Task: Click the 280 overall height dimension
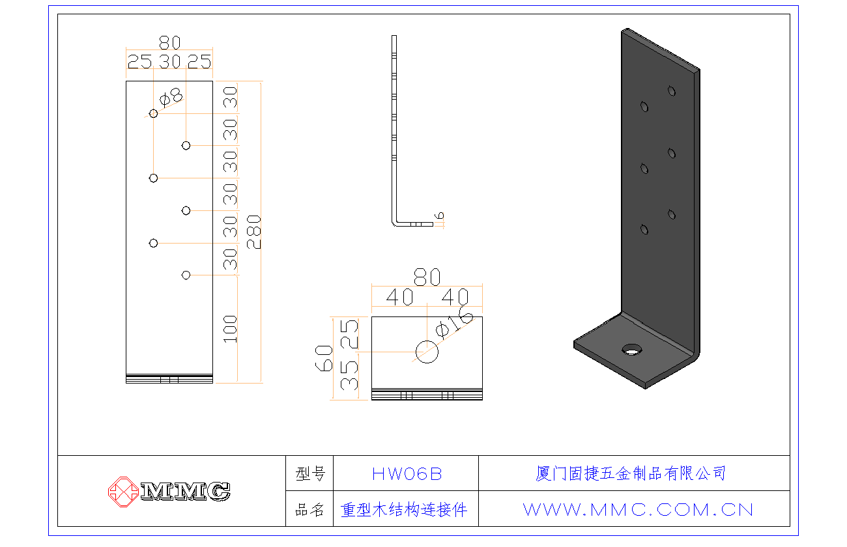(x=253, y=232)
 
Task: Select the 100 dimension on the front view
(x=230, y=329)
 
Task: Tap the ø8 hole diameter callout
(x=171, y=97)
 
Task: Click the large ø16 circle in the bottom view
(x=427, y=352)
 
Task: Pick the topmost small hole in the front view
(x=154, y=113)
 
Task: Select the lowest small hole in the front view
(x=186, y=275)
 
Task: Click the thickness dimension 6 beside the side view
(x=440, y=216)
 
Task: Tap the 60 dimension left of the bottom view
(x=324, y=358)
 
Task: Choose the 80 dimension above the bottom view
(x=427, y=277)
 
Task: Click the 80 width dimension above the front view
(x=169, y=43)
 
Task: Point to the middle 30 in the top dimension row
(x=169, y=62)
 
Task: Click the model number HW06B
(x=407, y=474)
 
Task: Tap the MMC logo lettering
(x=186, y=491)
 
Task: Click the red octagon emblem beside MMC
(x=122, y=491)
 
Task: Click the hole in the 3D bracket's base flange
(x=631, y=350)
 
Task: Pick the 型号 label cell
(x=310, y=474)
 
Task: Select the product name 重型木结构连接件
(x=405, y=509)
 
